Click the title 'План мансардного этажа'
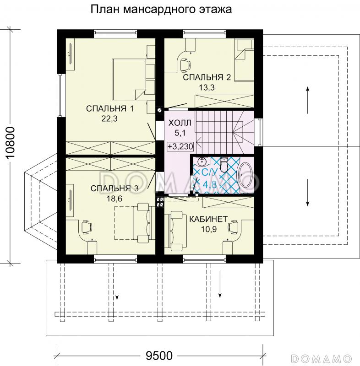coord(161,9)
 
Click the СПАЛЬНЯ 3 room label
coord(114,188)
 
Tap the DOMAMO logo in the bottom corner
coord(323,357)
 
